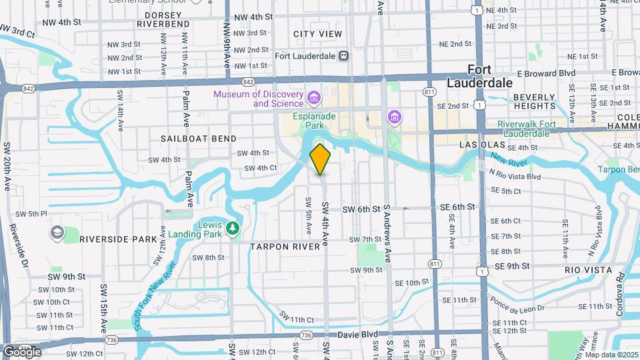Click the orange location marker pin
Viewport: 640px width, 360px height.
[x=321, y=159]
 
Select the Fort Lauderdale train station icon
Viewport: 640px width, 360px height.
[x=344, y=56]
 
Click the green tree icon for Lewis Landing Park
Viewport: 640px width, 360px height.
[x=233, y=229]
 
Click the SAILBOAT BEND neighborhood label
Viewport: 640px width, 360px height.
[x=199, y=139]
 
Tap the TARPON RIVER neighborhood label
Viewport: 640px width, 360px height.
[x=285, y=247]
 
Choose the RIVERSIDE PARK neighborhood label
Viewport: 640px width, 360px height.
[x=118, y=239]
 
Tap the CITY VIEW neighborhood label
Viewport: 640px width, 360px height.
[x=317, y=34]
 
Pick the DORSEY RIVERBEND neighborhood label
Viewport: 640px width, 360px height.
[x=163, y=18]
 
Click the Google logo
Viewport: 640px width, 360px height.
[x=22, y=351]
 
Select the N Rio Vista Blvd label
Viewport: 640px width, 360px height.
[x=514, y=175]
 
